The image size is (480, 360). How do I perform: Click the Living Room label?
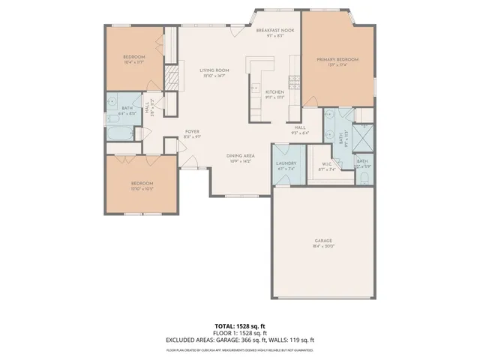(214, 70)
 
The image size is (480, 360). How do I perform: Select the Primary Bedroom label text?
(337, 59)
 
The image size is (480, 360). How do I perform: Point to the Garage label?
(323, 241)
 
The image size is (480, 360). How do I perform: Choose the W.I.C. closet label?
(326, 166)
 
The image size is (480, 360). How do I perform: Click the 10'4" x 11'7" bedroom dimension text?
(133, 63)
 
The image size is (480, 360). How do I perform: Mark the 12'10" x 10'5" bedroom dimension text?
(142, 190)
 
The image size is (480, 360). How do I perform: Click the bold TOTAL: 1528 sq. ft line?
(240, 326)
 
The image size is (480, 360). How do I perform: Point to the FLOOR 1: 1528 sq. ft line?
(240, 332)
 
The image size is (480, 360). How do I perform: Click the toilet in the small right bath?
(363, 177)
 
